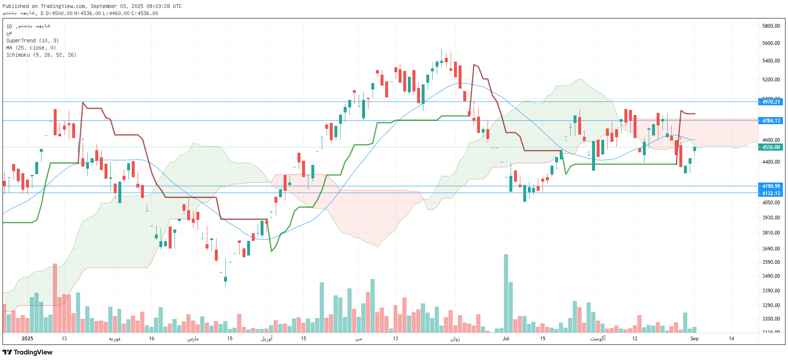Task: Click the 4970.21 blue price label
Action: click(x=771, y=102)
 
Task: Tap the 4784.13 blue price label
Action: click(x=771, y=121)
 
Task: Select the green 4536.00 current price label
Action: click(x=771, y=147)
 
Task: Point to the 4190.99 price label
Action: click(x=771, y=186)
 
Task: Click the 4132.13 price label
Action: click(x=771, y=193)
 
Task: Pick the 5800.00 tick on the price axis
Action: click(x=771, y=26)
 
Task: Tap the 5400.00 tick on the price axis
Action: click(x=771, y=61)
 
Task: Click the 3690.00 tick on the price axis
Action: click(x=771, y=249)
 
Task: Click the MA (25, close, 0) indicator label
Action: click(x=31, y=48)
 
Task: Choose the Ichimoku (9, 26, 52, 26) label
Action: click(x=41, y=55)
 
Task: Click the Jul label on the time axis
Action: click(x=506, y=339)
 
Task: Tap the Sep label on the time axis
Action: click(x=694, y=339)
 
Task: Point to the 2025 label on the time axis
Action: click(x=27, y=339)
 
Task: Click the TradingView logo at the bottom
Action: click(x=28, y=352)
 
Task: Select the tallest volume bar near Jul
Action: click(x=506, y=294)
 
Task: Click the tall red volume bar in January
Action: click(x=55, y=298)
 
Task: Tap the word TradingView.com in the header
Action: click(x=63, y=6)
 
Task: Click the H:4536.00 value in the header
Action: click(x=87, y=13)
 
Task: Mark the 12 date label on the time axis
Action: click(x=634, y=339)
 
